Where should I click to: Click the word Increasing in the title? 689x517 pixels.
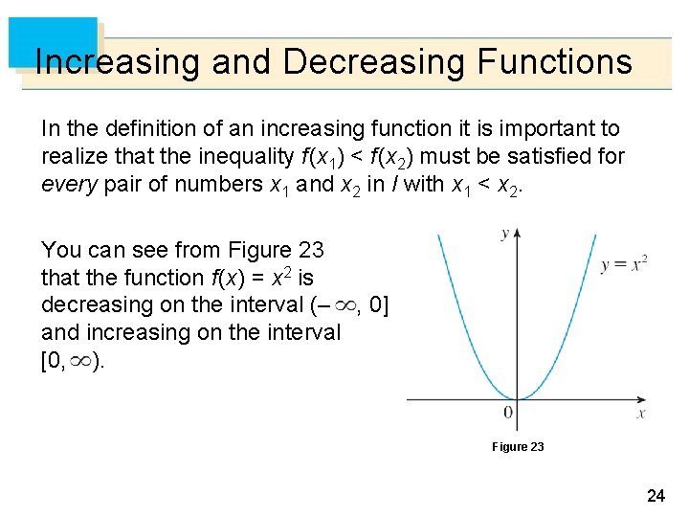tap(118, 62)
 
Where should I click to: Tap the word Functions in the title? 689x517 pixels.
tap(554, 62)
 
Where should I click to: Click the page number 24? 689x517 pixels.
tap(656, 496)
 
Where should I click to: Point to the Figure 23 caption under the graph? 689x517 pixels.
tap(518, 447)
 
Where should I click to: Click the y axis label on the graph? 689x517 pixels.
tap(504, 235)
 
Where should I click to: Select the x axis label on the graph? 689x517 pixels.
tap(641, 414)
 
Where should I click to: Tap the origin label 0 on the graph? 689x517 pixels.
tap(508, 414)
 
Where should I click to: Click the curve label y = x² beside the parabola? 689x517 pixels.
tap(624, 264)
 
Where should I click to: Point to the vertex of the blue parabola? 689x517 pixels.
tap(517, 398)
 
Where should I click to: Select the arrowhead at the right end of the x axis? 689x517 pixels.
tap(648, 399)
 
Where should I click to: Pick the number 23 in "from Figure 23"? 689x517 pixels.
tap(311, 251)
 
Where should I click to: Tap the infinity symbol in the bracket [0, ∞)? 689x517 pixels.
tap(82, 361)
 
